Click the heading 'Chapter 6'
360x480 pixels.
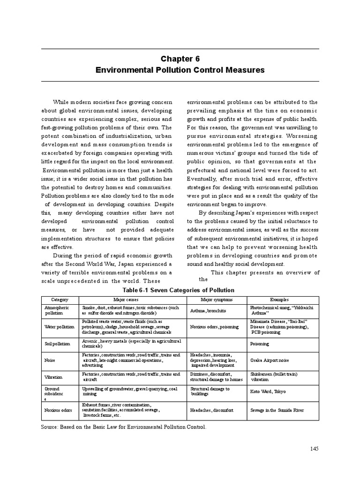(180, 59)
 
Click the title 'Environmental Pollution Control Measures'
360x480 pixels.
(180, 70)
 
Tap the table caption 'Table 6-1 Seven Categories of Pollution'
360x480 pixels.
(180, 290)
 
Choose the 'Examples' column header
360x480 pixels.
(279, 299)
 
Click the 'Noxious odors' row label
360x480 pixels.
(58, 410)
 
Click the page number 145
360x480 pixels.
(314, 449)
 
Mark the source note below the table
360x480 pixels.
(124, 427)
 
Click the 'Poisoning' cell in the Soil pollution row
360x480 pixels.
(259, 344)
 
